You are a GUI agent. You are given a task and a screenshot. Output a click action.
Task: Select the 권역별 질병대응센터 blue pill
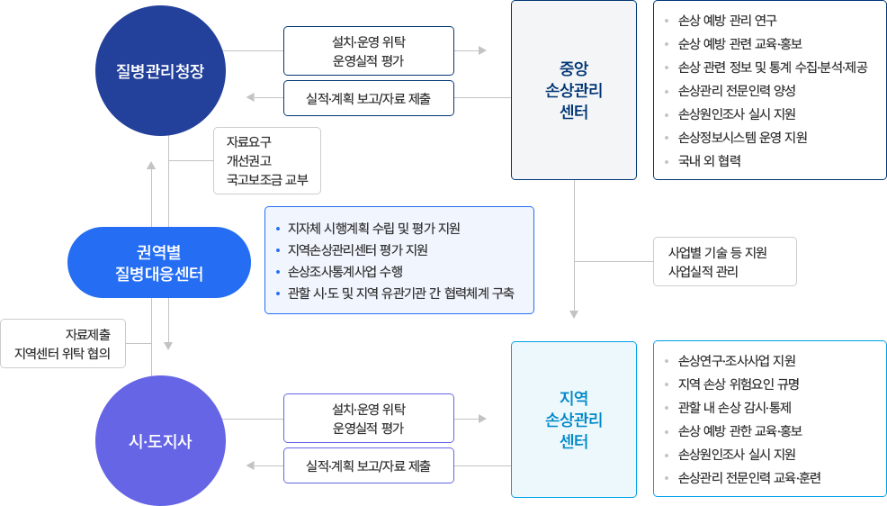pyautogui.click(x=158, y=262)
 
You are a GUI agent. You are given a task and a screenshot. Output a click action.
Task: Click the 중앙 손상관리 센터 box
pyautogui.click(x=573, y=90)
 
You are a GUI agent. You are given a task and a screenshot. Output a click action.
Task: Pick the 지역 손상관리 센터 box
pyautogui.click(x=573, y=419)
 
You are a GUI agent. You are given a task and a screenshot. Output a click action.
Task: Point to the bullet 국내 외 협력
pyautogui.click(x=710, y=161)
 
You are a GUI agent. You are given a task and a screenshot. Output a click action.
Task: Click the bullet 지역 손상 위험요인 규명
pyautogui.click(x=739, y=384)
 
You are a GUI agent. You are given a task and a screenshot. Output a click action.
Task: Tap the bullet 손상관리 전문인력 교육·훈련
pyautogui.click(x=749, y=478)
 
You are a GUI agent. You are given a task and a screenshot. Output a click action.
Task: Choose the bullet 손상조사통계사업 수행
pyautogui.click(x=345, y=272)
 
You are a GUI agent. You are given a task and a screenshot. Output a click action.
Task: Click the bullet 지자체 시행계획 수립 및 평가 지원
pyautogui.click(x=373, y=228)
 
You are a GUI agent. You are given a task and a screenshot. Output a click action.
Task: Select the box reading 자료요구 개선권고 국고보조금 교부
pyautogui.click(x=266, y=160)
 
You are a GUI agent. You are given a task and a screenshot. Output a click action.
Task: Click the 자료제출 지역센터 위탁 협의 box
pyautogui.click(x=63, y=343)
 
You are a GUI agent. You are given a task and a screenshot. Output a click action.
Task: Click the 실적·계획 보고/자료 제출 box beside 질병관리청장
pyautogui.click(x=368, y=98)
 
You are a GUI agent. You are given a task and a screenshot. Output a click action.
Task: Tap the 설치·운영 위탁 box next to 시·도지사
pyautogui.click(x=368, y=418)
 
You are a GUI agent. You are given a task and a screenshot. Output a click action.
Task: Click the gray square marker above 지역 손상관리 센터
pyautogui.click(x=574, y=315)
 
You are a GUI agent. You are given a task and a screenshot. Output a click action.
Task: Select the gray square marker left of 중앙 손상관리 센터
pyautogui.click(x=483, y=51)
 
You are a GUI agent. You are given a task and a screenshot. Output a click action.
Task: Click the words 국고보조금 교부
pyautogui.click(x=267, y=180)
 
